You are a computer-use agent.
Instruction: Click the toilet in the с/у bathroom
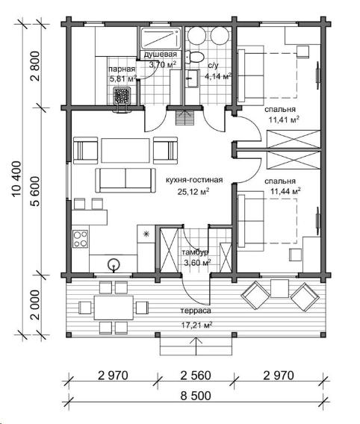pyautogui.click(x=194, y=57)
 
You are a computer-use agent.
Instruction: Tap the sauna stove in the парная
pyautogui.click(x=122, y=96)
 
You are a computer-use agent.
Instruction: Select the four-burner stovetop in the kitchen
pyautogui.click(x=81, y=239)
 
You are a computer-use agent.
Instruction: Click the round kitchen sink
pyautogui.click(x=114, y=264)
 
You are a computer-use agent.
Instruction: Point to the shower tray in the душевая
pyautogui.click(x=161, y=38)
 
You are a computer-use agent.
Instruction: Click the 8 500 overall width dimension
pyautogui.click(x=196, y=396)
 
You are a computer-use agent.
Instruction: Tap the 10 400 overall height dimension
pyautogui.click(x=16, y=178)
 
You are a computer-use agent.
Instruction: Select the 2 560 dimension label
pyautogui.click(x=195, y=375)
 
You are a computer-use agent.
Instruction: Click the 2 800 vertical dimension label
pyautogui.click(x=35, y=66)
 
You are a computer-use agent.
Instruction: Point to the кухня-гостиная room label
pyautogui.click(x=194, y=180)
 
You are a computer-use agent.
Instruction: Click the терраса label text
pyautogui.click(x=196, y=311)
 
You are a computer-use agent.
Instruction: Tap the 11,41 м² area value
pyautogui.click(x=284, y=119)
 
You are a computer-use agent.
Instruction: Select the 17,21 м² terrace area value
pyautogui.click(x=196, y=325)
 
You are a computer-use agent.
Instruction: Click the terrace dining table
pyautogui.click(x=114, y=308)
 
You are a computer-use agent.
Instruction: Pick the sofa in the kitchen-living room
pyautogui.click(x=125, y=180)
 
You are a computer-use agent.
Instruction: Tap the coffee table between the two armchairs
pyautogui.click(x=125, y=151)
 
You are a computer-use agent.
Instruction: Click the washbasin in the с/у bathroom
pyautogui.click(x=193, y=78)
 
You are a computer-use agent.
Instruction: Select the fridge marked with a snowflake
pyautogui.click(x=146, y=234)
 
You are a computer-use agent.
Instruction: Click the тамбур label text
pyautogui.click(x=195, y=252)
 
